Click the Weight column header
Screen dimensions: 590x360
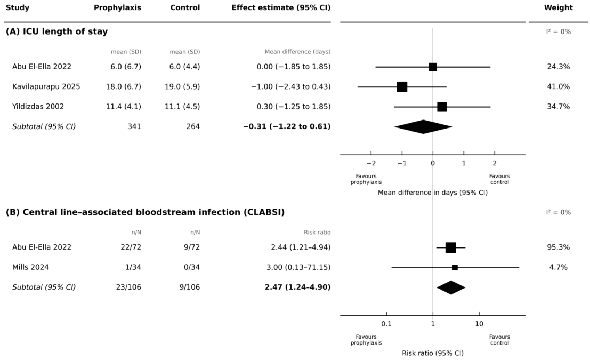click(x=559, y=8)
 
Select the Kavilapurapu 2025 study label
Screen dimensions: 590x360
click(x=46, y=86)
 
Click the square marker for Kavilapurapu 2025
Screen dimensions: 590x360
click(x=402, y=87)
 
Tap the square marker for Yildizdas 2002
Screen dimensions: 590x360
click(x=442, y=107)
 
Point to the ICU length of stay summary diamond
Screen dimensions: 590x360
click(x=423, y=127)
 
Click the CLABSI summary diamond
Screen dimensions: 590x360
click(x=451, y=287)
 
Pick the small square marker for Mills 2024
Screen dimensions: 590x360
click(x=455, y=268)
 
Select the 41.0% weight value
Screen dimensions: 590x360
click(x=559, y=86)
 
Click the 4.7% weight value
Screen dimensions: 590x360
click(x=559, y=267)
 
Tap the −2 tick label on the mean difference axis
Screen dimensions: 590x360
click(x=371, y=163)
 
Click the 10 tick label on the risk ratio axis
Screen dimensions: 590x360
click(x=479, y=324)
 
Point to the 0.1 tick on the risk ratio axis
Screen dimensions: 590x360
click(x=386, y=324)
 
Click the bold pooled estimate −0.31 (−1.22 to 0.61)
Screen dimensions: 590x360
click(x=287, y=126)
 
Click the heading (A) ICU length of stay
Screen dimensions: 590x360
click(x=57, y=31)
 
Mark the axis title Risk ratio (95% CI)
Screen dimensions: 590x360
click(x=433, y=353)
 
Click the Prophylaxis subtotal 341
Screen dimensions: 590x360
click(x=134, y=126)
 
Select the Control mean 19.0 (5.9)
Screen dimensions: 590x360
click(x=182, y=86)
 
